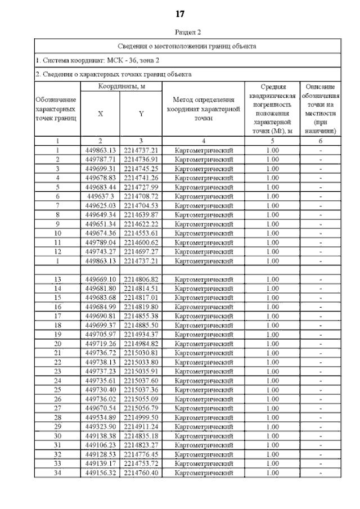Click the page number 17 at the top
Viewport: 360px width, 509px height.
click(x=180, y=13)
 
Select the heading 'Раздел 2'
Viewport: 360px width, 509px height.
click(x=180, y=33)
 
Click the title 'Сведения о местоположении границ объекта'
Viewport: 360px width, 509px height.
click(x=187, y=46)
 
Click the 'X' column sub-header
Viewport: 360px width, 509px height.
click(x=101, y=114)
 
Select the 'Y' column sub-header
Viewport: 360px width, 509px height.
click(x=141, y=114)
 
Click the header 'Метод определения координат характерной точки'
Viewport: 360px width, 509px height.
click(x=203, y=109)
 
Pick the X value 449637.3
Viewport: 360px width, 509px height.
click(x=101, y=196)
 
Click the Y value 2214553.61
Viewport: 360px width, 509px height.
click(x=141, y=233)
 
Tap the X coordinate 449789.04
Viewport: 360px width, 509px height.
click(x=101, y=242)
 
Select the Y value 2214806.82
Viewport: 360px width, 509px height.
click(x=141, y=280)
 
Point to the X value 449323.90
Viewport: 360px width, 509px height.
click(x=101, y=427)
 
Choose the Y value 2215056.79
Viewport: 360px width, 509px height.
click(x=141, y=408)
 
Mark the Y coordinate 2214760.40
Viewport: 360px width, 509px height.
click(x=141, y=473)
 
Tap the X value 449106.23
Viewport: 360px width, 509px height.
click(x=101, y=445)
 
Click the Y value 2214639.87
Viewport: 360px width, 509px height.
click(x=141, y=215)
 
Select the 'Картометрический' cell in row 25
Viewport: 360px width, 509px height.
click(x=203, y=390)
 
